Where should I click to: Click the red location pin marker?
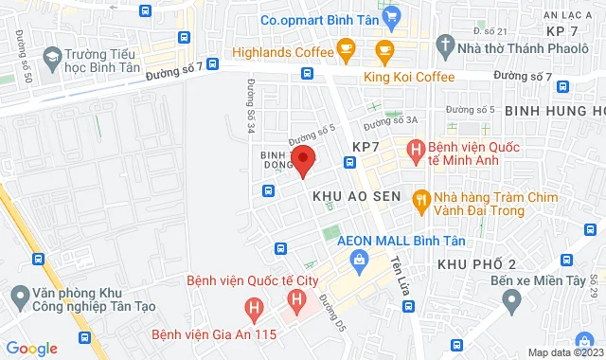coord(302,161)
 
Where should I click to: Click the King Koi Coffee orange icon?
coord(383,48)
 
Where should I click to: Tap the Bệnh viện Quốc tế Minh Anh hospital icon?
coord(415,149)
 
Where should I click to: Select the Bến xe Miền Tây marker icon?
coord(512,302)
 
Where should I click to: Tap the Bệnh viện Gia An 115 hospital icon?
coord(253,309)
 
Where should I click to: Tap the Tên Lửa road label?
coord(398,271)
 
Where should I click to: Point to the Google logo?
coord(30,349)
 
